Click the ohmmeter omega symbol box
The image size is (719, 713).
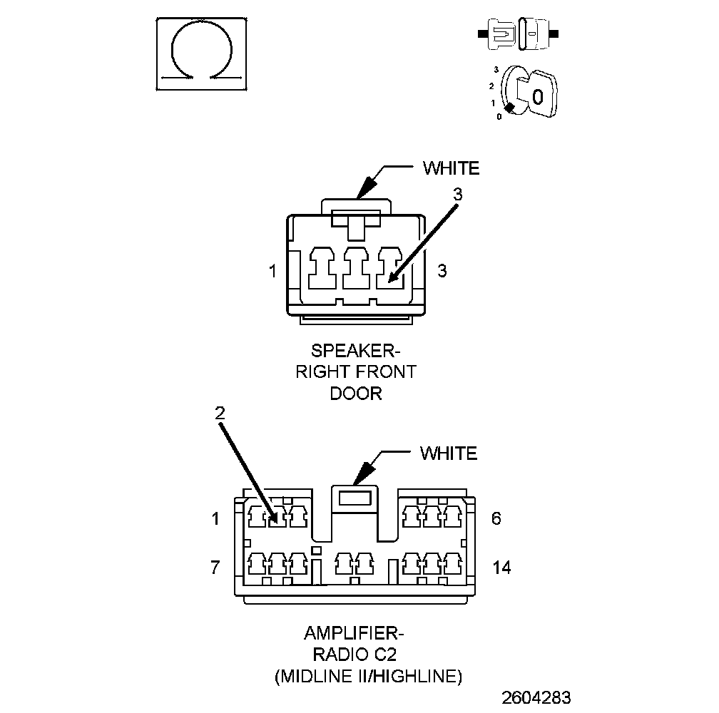[202, 53]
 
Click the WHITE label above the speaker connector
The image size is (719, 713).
[451, 168]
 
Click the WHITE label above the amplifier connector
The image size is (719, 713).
[448, 453]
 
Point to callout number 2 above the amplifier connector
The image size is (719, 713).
[220, 412]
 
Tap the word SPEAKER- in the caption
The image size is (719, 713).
[355, 351]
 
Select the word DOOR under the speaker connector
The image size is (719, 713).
[355, 394]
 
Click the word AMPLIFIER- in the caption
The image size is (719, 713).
[355, 633]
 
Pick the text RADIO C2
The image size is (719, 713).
[355, 655]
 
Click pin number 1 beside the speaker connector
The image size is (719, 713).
[272, 272]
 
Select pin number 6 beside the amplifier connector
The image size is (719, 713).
[496, 518]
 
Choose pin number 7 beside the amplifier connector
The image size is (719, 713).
[215, 568]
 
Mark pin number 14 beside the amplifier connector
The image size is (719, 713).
[501, 568]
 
